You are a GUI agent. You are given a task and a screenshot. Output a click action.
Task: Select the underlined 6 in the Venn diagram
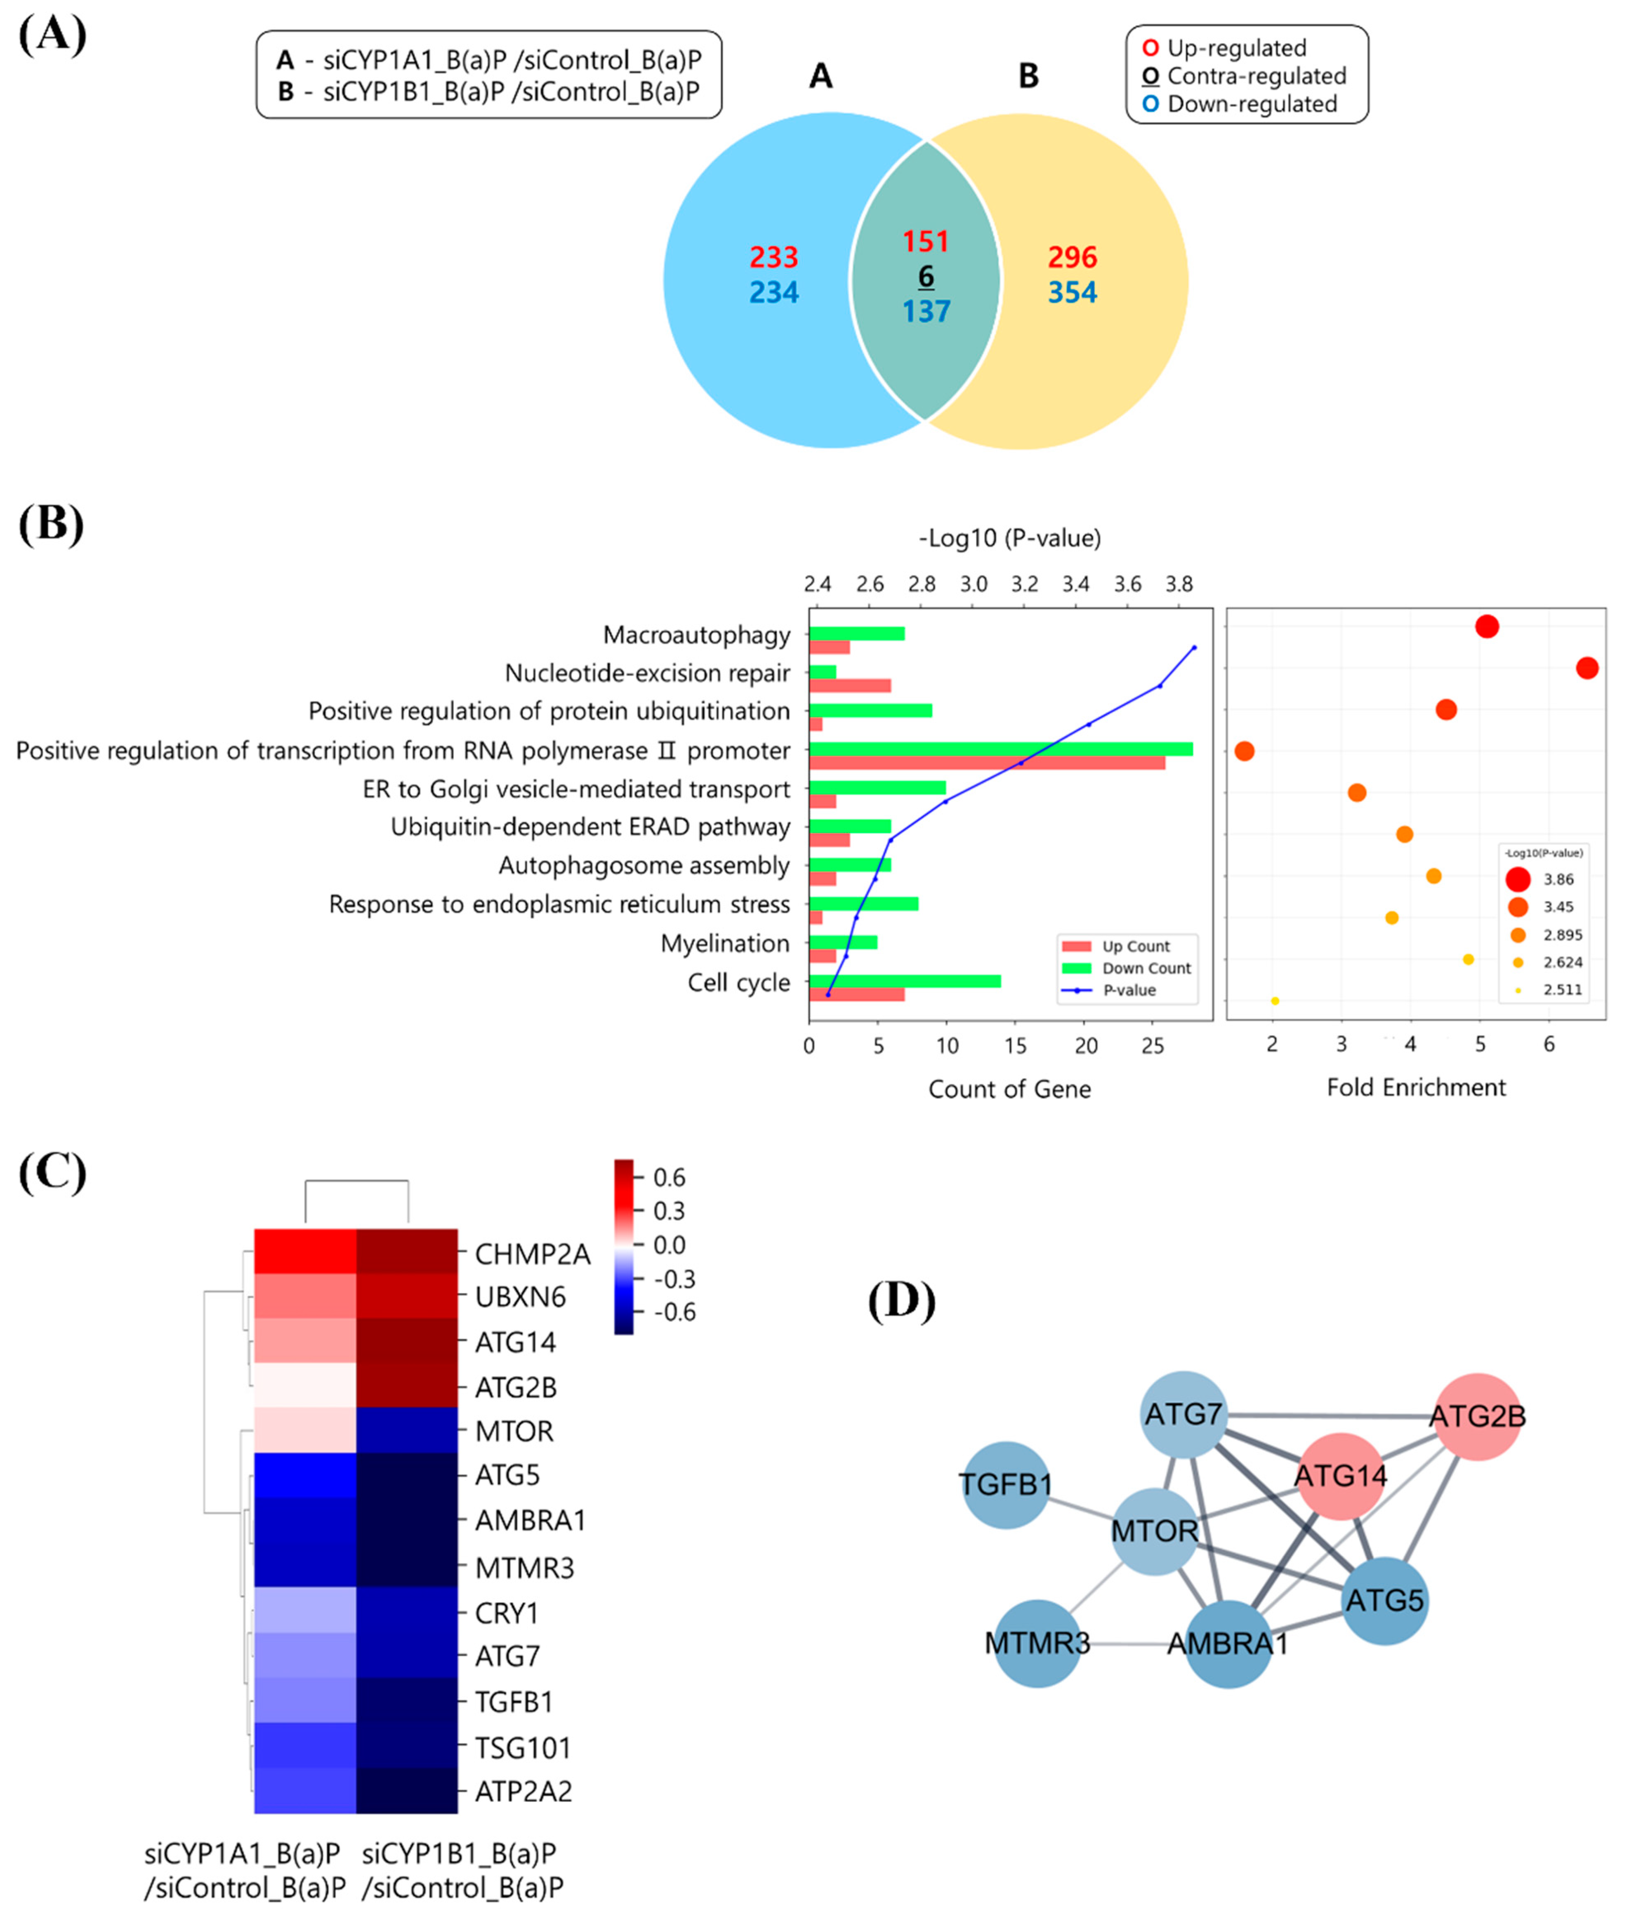926,276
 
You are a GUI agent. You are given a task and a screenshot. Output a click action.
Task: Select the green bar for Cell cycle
905,981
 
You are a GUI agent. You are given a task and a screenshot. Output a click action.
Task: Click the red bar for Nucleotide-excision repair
849,685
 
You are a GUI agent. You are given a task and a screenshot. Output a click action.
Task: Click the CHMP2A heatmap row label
532,1254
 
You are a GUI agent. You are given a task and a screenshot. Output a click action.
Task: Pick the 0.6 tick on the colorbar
668,1177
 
